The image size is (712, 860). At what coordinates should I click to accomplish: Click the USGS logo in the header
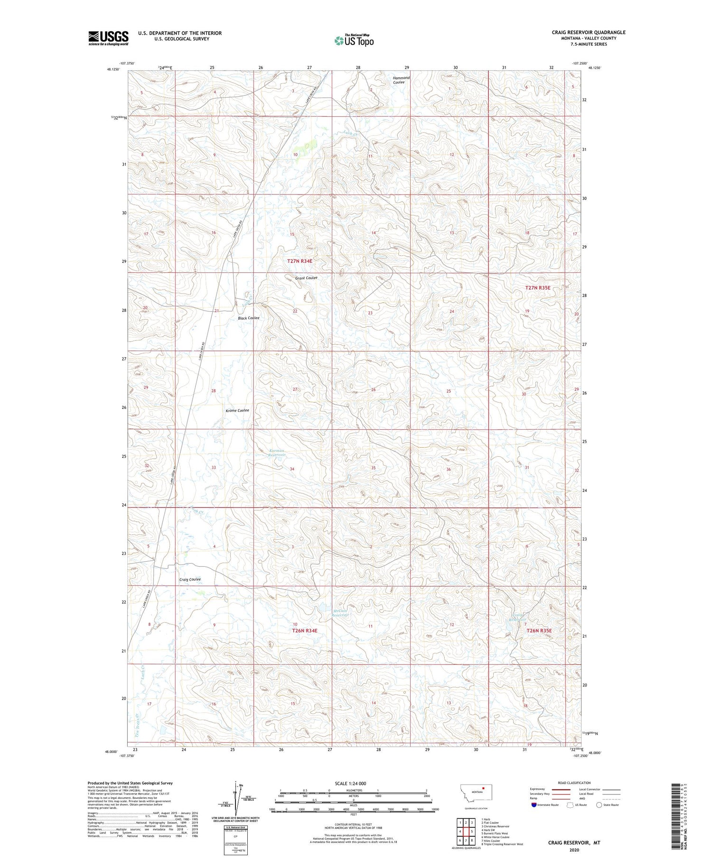(x=108, y=38)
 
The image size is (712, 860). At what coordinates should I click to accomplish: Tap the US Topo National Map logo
(x=354, y=40)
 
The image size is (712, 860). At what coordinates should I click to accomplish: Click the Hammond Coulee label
(x=401, y=80)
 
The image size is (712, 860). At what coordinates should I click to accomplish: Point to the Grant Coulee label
(x=306, y=278)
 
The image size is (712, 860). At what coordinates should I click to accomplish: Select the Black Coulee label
(x=248, y=318)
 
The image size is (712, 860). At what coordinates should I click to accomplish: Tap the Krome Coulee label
(x=237, y=410)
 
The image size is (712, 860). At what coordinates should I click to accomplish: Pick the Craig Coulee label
(x=190, y=579)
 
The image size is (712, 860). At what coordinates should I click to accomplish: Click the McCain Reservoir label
(x=341, y=612)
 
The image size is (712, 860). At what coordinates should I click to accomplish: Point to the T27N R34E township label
(x=300, y=261)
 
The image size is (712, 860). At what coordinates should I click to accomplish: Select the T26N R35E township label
(x=539, y=631)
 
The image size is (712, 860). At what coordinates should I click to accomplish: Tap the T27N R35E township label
(x=538, y=288)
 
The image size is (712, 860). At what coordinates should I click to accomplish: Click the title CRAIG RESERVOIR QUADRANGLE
(x=581, y=32)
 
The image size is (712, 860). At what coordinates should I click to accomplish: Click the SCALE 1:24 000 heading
(x=350, y=783)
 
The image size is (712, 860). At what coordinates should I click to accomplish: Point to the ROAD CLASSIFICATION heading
(x=574, y=783)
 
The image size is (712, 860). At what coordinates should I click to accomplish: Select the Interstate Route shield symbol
(x=534, y=805)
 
